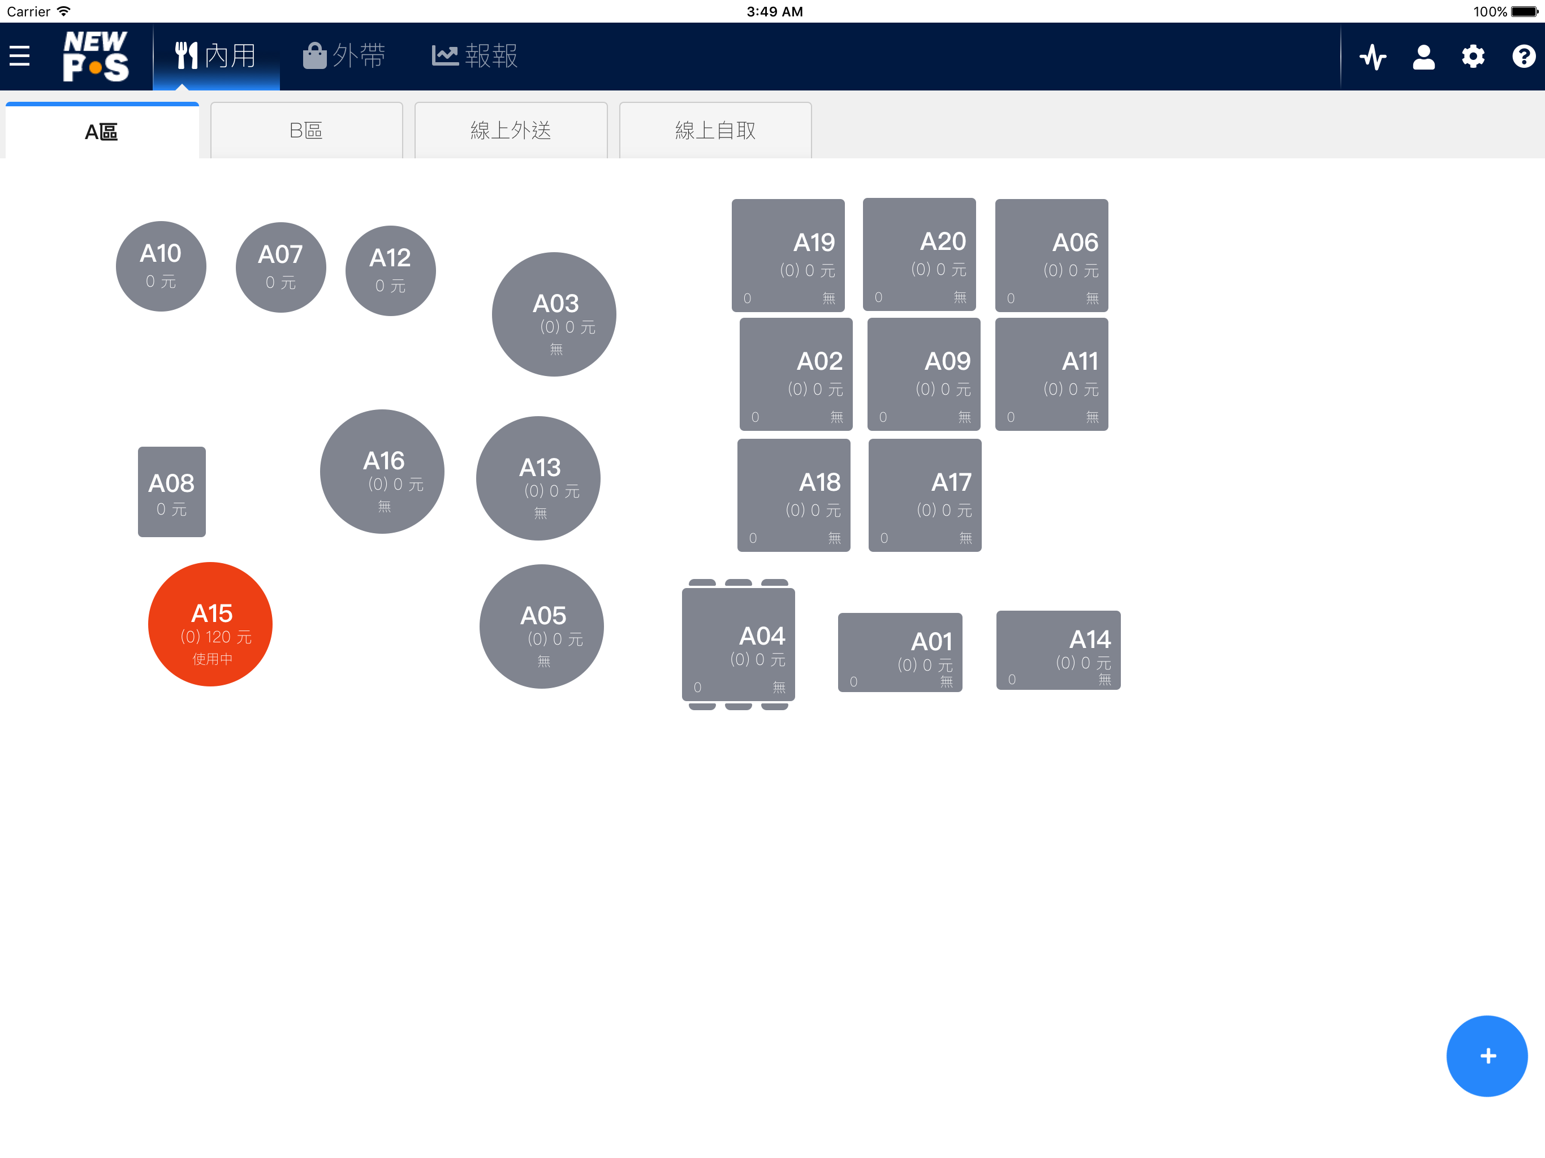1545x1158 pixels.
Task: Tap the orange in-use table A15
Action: tap(210, 624)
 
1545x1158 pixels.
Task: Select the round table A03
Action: tap(554, 314)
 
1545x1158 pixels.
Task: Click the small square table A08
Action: tap(172, 492)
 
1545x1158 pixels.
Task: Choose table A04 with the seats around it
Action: tap(738, 644)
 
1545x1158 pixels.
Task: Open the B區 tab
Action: tap(307, 131)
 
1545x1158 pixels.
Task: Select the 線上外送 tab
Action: tap(511, 131)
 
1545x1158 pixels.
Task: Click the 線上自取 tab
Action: tap(715, 131)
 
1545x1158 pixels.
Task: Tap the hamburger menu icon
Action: tap(20, 56)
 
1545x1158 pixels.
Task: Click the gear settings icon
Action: tap(1473, 57)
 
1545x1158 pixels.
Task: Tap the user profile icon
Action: tap(1423, 57)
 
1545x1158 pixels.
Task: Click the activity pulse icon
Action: tap(1373, 57)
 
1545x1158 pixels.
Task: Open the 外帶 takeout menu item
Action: tap(344, 56)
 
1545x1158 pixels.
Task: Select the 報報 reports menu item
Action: tap(475, 56)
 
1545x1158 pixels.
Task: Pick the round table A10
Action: tap(161, 266)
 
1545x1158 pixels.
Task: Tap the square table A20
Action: tap(919, 254)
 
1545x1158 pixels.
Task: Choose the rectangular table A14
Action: tap(1058, 650)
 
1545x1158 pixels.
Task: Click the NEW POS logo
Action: tap(96, 56)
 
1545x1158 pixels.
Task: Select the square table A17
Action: tap(925, 495)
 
